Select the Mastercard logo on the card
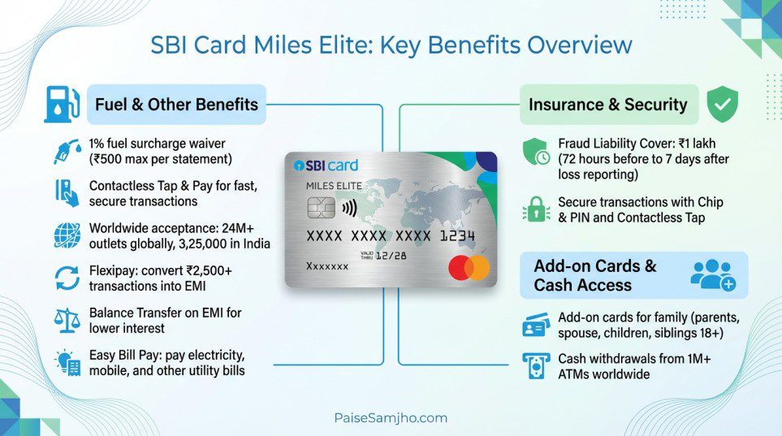click(x=469, y=268)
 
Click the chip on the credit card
click(x=322, y=208)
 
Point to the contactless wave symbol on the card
click(x=349, y=207)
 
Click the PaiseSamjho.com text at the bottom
click(x=391, y=417)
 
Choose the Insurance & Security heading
click(x=607, y=105)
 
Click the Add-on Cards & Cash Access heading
click(x=594, y=275)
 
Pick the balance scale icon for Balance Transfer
click(x=67, y=319)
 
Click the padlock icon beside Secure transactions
click(x=536, y=209)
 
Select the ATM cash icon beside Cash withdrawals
click(x=536, y=366)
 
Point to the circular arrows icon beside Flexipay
click(x=67, y=277)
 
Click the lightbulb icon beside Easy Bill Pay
click(x=67, y=363)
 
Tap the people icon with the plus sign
click(x=712, y=275)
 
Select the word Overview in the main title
click(x=580, y=44)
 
